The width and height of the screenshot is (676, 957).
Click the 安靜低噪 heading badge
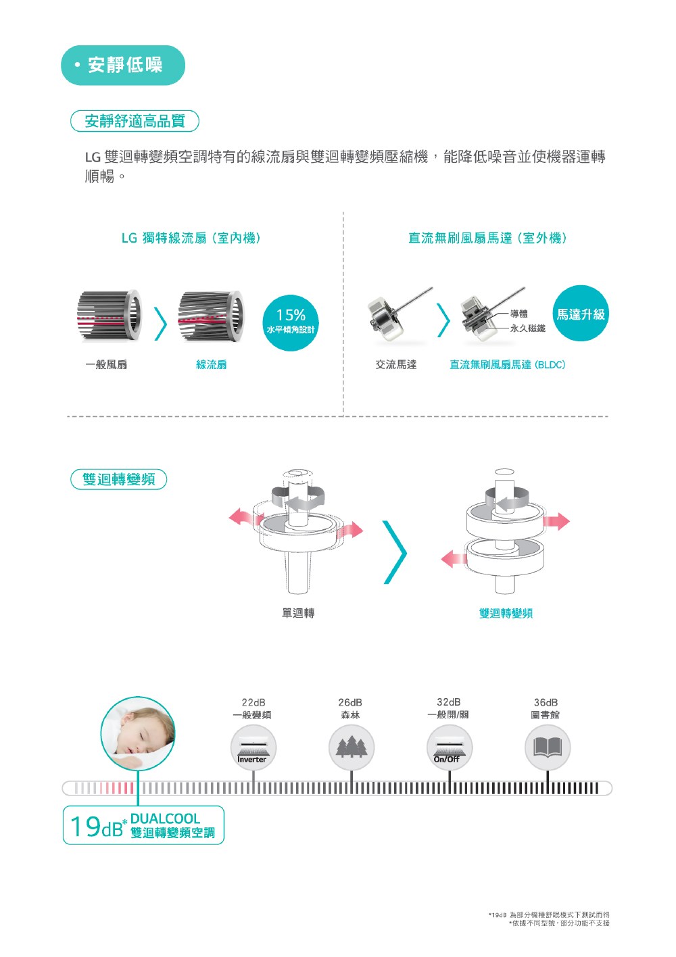coord(123,66)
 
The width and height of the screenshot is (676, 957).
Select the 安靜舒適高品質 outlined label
coord(135,121)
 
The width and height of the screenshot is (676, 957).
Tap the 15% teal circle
coord(291,322)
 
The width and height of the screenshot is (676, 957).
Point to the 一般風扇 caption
coord(106,364)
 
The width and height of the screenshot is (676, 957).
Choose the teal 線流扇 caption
coord(211,364)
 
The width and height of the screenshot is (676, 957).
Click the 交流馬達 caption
coord(395,364)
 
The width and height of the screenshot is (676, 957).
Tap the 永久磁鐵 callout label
coord(528,328)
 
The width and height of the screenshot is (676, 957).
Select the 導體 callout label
coord(518,314)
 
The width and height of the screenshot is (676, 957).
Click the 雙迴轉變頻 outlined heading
coord(118,479)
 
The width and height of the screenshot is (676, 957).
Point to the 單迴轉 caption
coord(298,613)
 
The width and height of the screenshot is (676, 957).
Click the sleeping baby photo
coord(138,733)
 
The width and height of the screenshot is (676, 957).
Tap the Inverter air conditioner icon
coord(253,747)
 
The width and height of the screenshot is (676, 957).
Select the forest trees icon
coord(352,747)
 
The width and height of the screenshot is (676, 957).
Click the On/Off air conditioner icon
coord(449,747)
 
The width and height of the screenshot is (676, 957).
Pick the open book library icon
coord(548,747)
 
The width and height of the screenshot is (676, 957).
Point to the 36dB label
coord(546,702)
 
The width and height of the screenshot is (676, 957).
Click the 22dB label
coord(254,702)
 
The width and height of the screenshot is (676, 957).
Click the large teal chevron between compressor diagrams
coord(395,552)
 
